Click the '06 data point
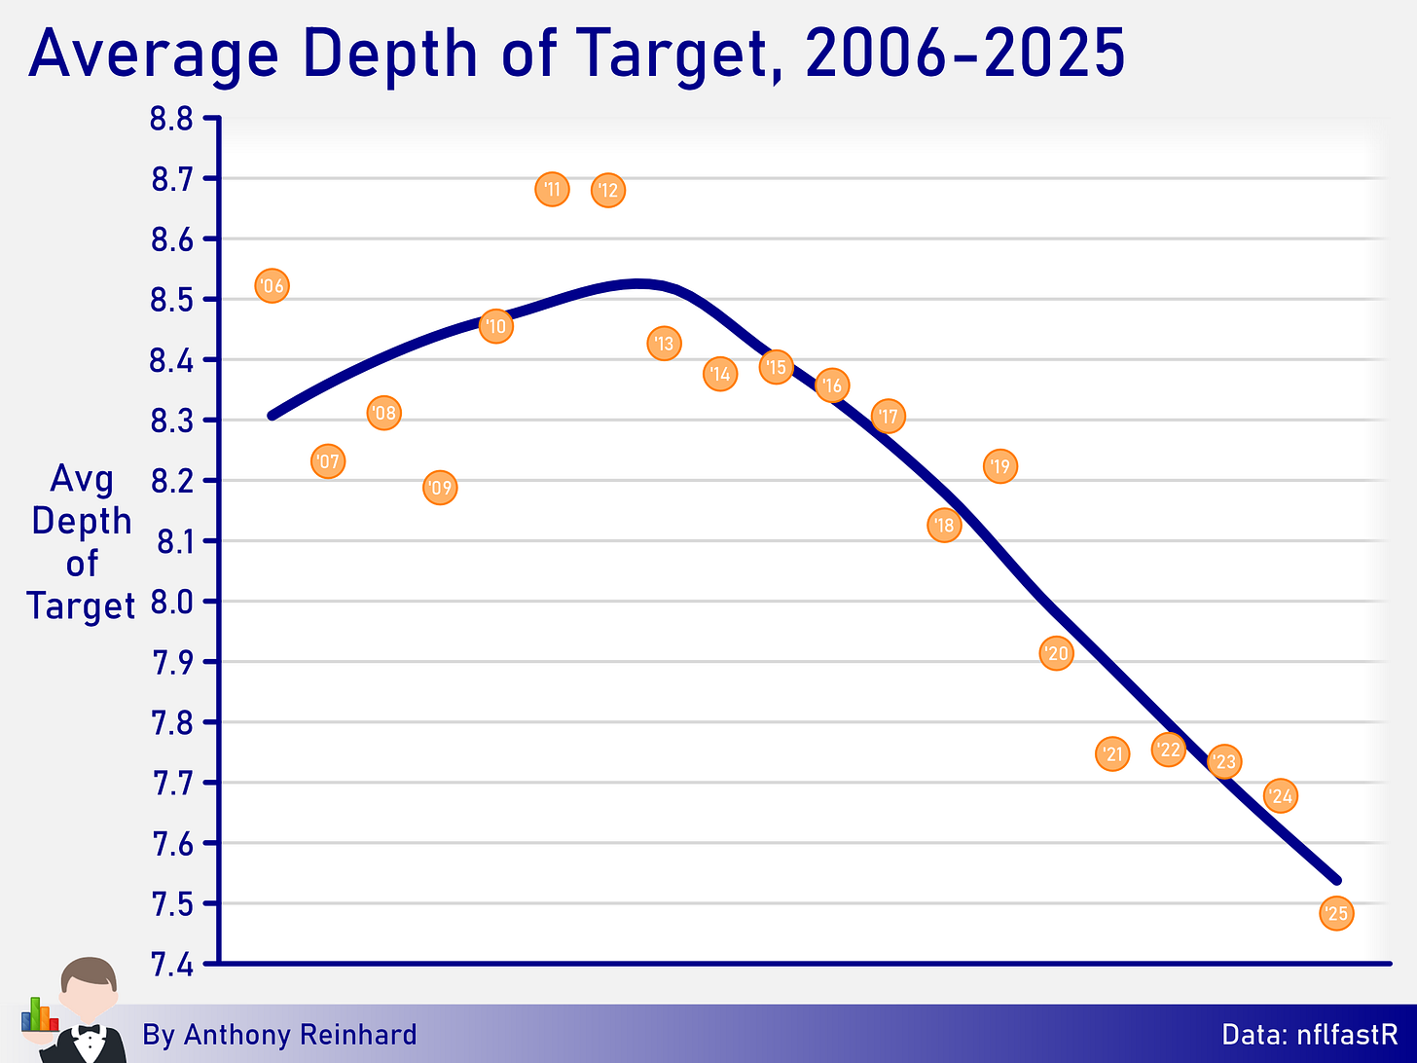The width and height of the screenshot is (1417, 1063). tap(272, 286)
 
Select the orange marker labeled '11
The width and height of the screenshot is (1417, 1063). tap(552, 190)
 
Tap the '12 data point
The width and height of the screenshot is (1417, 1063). tap(608, 191)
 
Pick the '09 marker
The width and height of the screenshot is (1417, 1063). tap(440, 488)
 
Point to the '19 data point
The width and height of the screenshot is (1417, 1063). tap(1000, 466)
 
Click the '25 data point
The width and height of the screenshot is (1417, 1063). tap(1336, 913)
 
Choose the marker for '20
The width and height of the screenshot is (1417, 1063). tap(1056, 653)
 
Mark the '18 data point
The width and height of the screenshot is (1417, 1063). tap(944, 526)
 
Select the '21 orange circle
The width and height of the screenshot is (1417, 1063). tap(1112, 753)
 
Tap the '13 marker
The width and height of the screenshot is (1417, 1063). tap(665, 344)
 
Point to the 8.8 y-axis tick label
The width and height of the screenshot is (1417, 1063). tap(171, 120)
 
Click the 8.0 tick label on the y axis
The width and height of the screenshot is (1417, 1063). tap(171, 603)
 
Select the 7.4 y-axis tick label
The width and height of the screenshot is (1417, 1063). tap(171, 965)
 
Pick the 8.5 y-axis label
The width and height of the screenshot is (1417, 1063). tap(171, 301)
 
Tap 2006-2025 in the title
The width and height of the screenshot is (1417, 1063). tap(965, 53)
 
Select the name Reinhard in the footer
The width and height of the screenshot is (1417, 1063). tap(357, 1034)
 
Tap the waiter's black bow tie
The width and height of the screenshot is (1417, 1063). tap(89, 1030)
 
